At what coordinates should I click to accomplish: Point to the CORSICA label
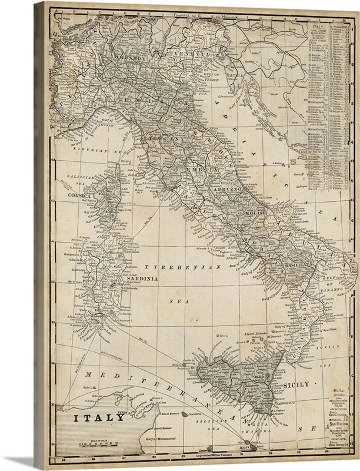tap(79, 195)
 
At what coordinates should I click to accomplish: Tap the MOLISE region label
tap(256, 211)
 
